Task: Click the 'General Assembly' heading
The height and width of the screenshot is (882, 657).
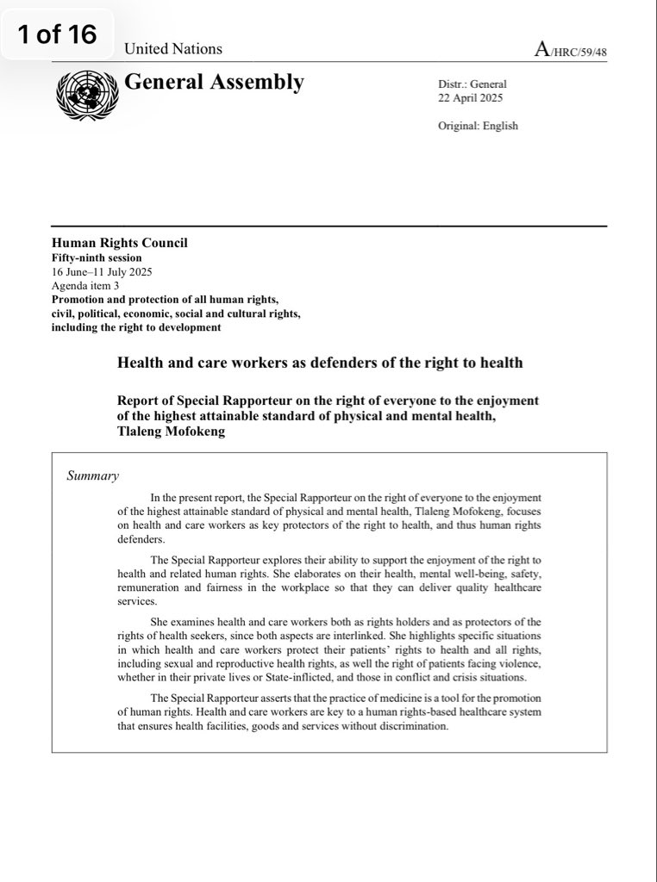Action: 215,83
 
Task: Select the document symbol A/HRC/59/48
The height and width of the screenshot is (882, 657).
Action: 570,50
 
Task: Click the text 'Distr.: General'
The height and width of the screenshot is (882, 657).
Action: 472,84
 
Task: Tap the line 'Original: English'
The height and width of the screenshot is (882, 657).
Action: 478,126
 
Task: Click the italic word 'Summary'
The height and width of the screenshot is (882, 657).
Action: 93,475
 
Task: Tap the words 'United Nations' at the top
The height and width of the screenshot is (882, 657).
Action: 173,49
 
